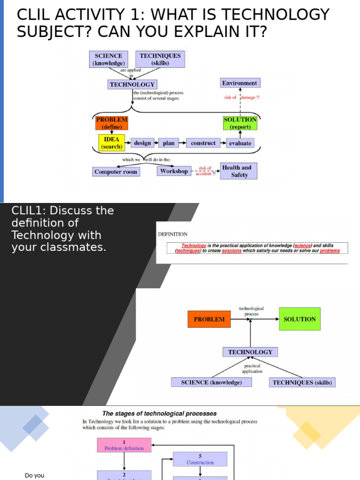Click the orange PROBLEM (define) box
point(112,123)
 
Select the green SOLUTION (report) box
point(240,123)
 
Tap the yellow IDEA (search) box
point(112,143)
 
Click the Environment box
point(240,83)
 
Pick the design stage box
point(142,143)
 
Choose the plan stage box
point(169,143)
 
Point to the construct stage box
point(203,143)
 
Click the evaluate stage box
point(240,143)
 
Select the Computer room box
point(116,172)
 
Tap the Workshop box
point(174,171)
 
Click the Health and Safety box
point(239,171)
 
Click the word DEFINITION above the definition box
point(172,234)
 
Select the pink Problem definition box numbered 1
point(124,445)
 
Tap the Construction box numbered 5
point(200,459)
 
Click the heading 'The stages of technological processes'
point(159,413)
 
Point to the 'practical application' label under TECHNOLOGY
point(252,368)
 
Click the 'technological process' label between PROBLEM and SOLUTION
point(251,311)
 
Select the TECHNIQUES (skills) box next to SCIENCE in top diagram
point(160,59)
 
